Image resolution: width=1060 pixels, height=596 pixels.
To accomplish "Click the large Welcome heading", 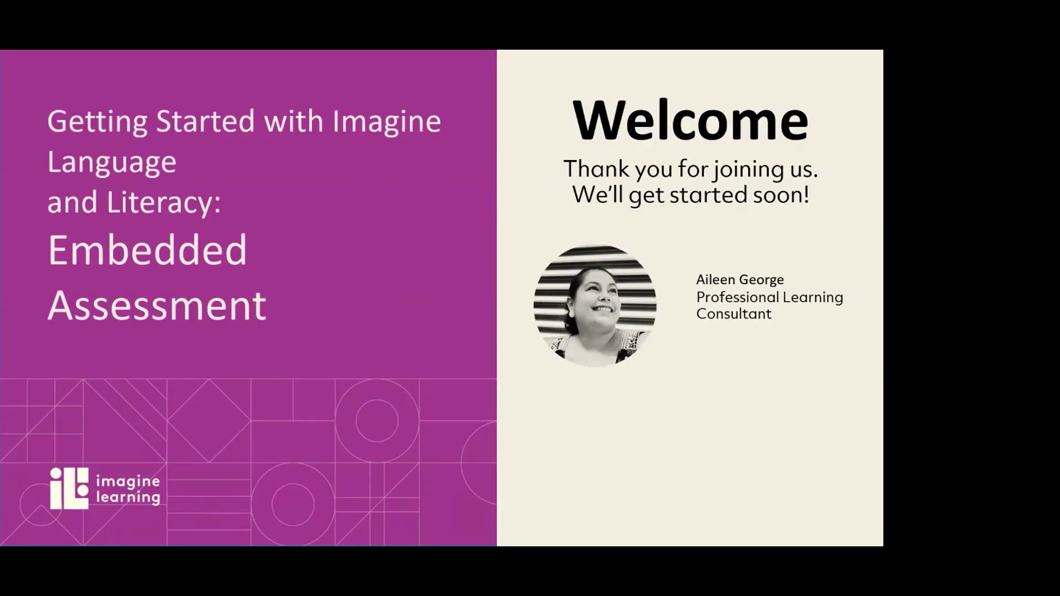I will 690,120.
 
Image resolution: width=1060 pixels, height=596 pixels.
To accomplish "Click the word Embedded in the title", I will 147,250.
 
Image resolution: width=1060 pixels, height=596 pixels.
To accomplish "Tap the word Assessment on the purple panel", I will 157,305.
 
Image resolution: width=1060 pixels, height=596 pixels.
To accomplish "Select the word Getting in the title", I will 97,121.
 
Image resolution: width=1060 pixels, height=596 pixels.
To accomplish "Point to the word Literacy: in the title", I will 163,202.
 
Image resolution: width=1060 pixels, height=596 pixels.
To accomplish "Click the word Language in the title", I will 112,162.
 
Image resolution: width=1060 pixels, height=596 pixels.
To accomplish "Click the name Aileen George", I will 740,280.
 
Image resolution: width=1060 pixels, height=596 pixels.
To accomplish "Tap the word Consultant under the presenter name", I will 734,314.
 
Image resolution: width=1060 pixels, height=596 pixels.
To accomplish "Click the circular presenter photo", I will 595,306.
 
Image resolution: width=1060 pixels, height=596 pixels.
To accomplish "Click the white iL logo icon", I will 69,488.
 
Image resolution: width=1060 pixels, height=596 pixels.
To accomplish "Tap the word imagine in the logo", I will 128,482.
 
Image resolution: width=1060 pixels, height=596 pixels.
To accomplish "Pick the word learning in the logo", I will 128,497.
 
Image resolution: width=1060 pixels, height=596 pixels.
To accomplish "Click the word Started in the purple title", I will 205,121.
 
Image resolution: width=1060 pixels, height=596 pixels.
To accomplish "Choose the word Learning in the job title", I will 813,297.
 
